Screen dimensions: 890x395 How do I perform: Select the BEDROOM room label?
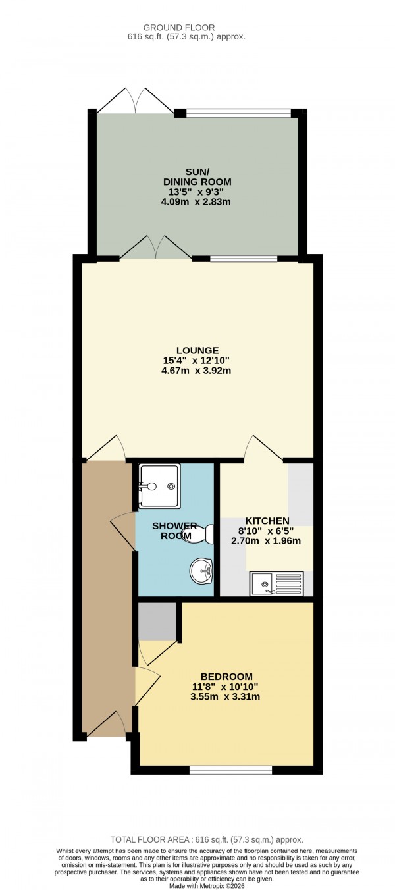(x=226, y=677)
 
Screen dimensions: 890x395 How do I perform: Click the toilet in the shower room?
(x=199, y=534)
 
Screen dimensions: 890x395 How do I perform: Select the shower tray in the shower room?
(x=159, y=486)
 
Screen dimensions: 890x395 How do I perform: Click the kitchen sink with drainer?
(x=276, y=583)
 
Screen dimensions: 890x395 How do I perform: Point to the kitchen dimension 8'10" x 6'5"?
(x=268, y=531)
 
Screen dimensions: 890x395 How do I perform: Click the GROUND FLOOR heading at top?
(x=186, y=27)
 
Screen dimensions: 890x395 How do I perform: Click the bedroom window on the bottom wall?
(x=230, y=769)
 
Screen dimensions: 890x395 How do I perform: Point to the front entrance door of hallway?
(x=105, y=724)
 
